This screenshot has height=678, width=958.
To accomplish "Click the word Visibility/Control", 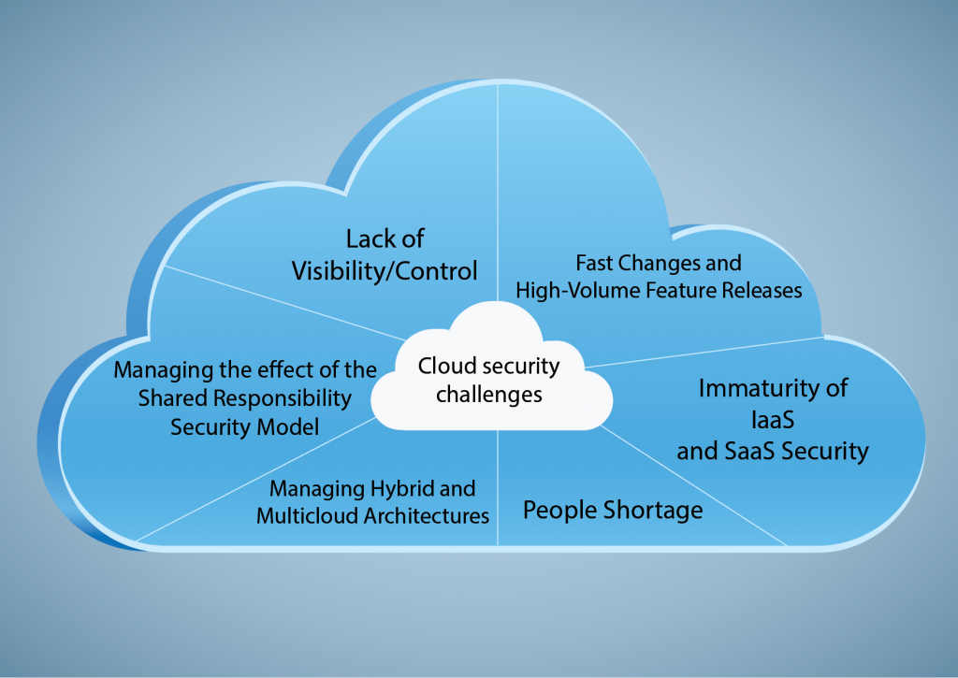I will coord(385,271).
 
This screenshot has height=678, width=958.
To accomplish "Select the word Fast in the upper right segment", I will coord(595,263).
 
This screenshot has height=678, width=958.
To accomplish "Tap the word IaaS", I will coord(772,419).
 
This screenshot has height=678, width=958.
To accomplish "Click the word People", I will coord(560,511).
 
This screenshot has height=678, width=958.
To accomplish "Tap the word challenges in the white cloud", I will coord(490,395).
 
